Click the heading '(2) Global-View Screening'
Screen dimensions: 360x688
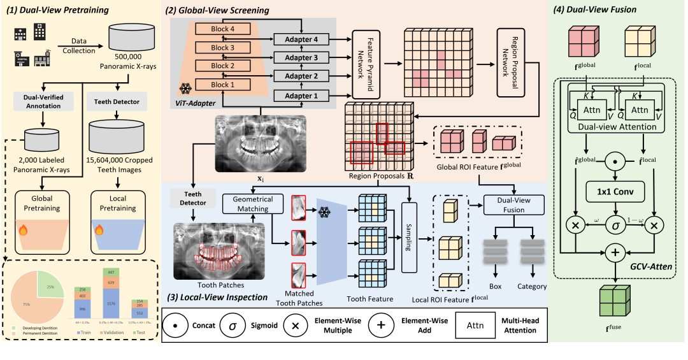point(217,11)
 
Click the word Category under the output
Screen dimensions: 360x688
point(532,287)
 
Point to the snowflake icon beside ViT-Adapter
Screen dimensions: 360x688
point(184,89)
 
